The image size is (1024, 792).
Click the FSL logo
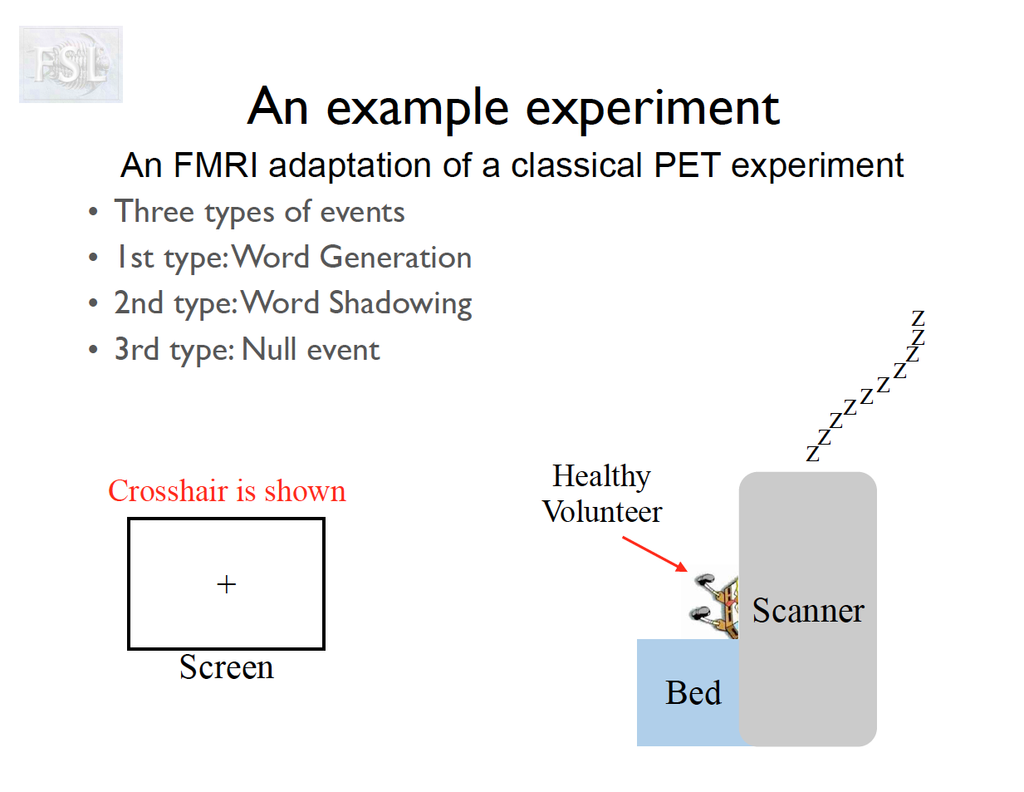[x=71, y=64]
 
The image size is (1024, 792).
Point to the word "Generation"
[x=395, y=258]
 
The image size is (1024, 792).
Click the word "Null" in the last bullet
[x=269, y=350]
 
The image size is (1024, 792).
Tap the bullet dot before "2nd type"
[x=93, y=303]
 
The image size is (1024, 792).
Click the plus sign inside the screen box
[x=226, y=584]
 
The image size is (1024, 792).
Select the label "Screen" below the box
[x=226, y=667]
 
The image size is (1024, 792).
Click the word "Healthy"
[x=601, y=476]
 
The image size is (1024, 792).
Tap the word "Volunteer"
[x=602, y=512]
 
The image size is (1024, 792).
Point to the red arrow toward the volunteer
[x=655, y=553]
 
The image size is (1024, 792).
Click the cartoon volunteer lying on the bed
[x=716, y=604]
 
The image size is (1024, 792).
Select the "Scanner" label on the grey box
[x=808, y=611]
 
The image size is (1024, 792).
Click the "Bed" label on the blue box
[x=693, y=693]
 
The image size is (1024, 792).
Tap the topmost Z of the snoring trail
[x=918, y=318]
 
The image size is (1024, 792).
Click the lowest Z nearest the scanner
[x=812, y=454]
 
